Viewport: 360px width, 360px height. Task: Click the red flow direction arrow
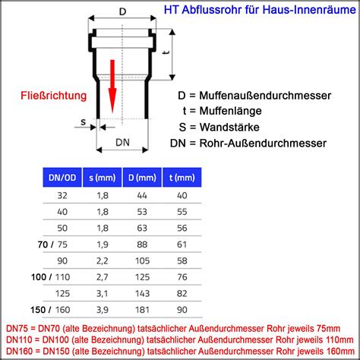point(112,86)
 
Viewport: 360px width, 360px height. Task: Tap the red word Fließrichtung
point(54,96)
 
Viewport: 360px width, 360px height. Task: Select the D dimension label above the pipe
point(122,11)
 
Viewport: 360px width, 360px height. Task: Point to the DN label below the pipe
point(122,143)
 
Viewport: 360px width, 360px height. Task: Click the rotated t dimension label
point(166,52)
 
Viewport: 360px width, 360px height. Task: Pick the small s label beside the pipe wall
point(83,122)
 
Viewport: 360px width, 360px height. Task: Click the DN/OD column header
point(62,178)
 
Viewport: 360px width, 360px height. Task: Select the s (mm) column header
point(103,178)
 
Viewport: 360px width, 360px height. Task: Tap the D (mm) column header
point(142,178)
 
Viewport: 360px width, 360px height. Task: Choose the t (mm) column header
point(182,178)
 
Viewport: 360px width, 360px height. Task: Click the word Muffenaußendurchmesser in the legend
point(265,96)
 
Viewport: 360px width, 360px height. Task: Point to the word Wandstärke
point(229,127)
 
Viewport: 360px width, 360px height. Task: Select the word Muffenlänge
point(230,111)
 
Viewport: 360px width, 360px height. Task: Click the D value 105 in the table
point(142,261)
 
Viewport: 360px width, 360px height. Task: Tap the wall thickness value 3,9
point(103,310)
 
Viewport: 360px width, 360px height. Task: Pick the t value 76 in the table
point(182,277)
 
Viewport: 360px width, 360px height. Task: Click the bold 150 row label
point(38,310)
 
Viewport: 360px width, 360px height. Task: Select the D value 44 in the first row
point(142,196)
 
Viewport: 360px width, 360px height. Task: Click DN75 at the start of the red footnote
point(17,329)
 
